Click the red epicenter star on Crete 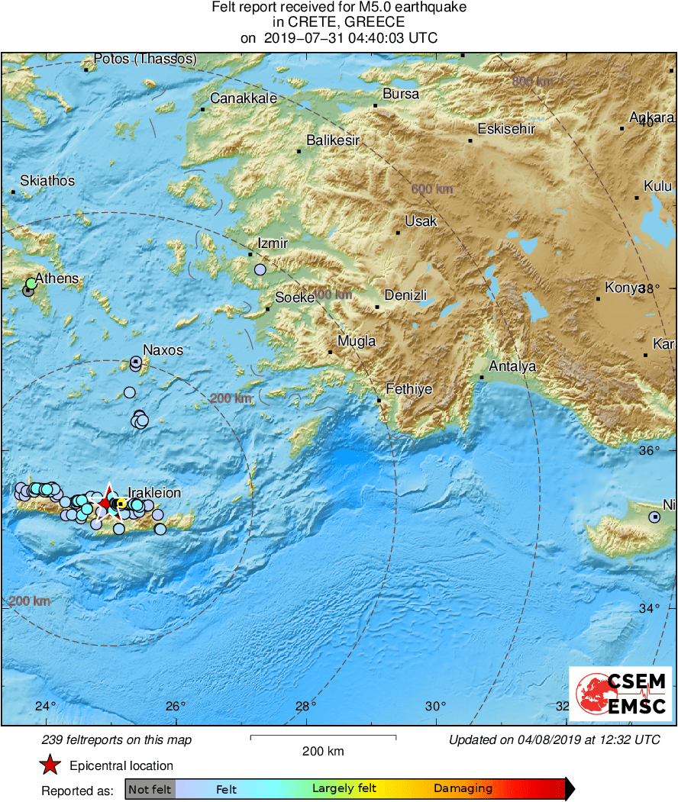click(x=106, y=503)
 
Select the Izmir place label click(x=273, y=244)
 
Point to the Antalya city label click(x=512, y=366)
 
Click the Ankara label click(x=651, y=118)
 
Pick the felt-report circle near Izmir click(x=260, y=269)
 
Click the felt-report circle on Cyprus click(x=654, y=517)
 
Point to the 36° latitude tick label click(x=649, y=451)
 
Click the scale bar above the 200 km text click(x=323, y=737)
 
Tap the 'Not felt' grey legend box click(x=150, y=788)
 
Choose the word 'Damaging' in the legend click(x=463, y=788)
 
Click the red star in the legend click(x=50, y=765)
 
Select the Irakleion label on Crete click(x=154, y=493)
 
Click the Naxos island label click(x=163, y=350)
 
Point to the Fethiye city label click(x=408, y=389)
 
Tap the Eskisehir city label click(x=506, y=129)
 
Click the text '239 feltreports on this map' click(x=117, y=739)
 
